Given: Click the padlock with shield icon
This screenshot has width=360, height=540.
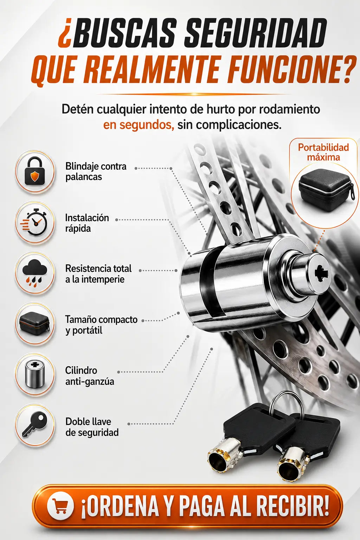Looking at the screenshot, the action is click(34, 171).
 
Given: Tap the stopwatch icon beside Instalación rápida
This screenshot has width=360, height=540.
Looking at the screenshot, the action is click(33, 222).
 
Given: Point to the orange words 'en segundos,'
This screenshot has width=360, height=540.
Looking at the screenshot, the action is click(139, 125).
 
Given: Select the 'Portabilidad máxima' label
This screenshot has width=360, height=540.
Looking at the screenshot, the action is click(323, 152).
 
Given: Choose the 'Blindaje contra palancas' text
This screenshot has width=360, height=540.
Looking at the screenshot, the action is click(96, 172).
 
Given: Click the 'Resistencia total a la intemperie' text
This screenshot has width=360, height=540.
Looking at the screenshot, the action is click(98, 274).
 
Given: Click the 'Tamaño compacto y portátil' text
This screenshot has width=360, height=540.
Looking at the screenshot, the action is click(101, 325).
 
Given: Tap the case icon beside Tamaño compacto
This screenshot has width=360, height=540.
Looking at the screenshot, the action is click(34, 323).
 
